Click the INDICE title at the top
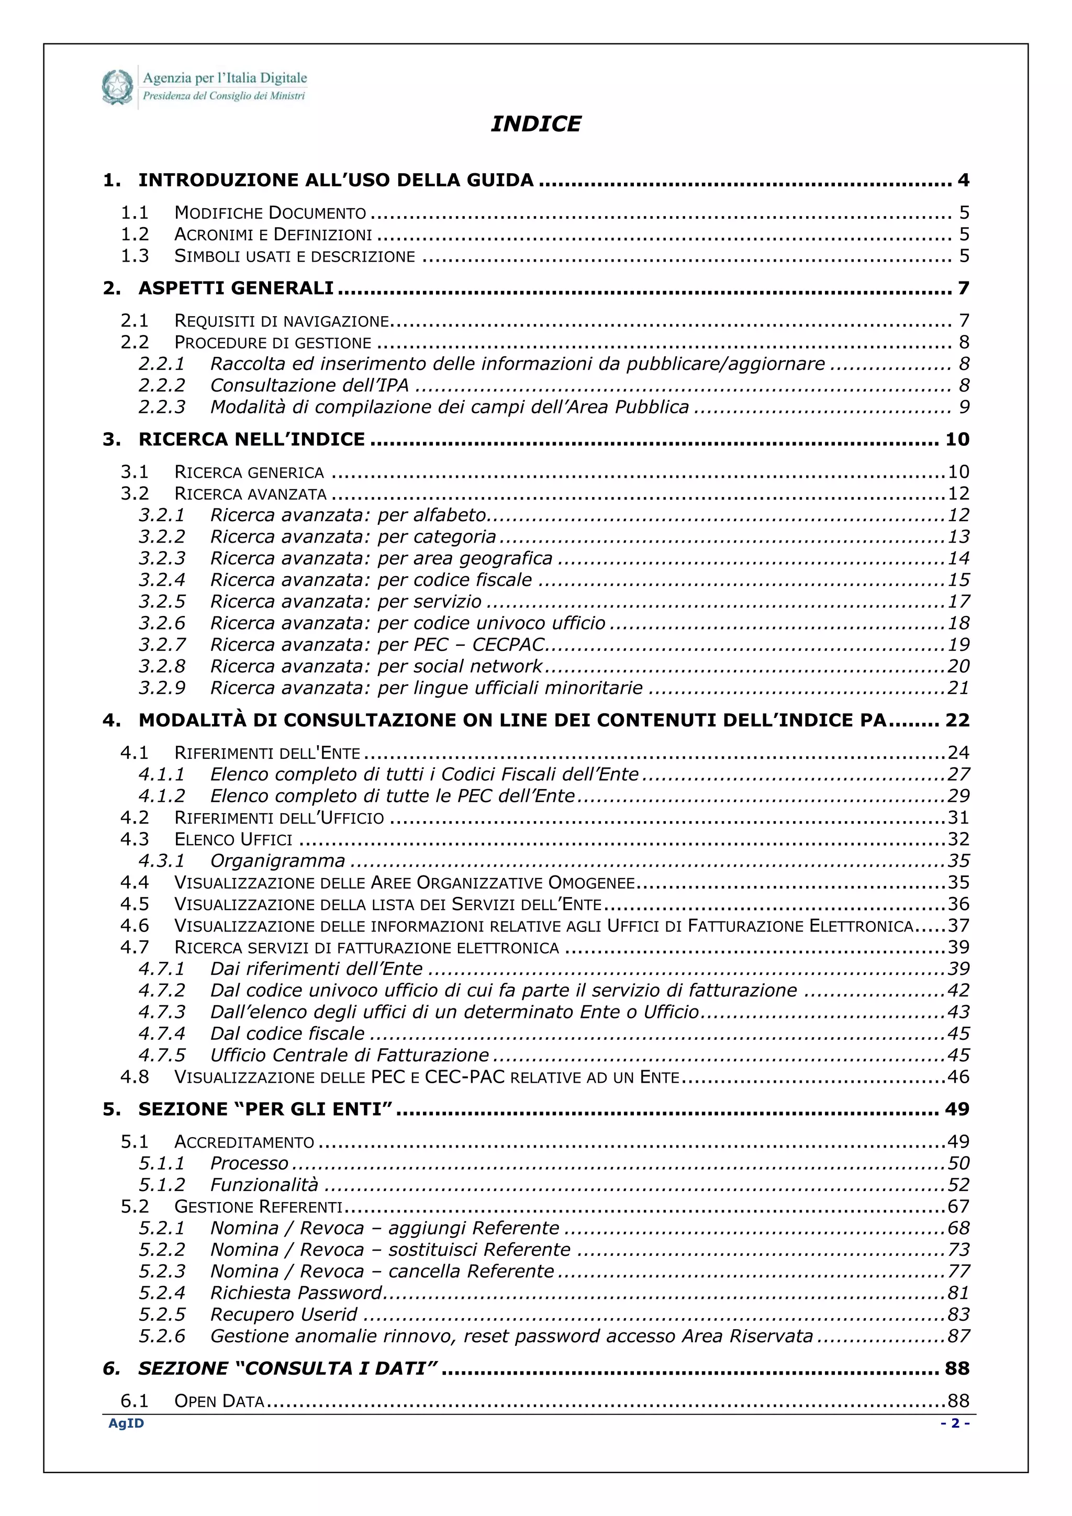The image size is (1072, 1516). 535,124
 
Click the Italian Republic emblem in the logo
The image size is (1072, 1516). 118,87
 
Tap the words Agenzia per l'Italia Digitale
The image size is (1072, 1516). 225,78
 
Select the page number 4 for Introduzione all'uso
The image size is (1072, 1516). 963,180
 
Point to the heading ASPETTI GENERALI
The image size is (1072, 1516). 236,288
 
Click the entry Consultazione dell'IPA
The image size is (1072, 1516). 309,386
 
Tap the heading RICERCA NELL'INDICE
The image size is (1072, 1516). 251,440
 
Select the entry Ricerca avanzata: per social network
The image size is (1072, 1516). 376,666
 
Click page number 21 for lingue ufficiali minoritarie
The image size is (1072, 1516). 958,688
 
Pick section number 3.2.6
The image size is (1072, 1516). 162,623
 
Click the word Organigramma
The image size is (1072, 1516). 277,861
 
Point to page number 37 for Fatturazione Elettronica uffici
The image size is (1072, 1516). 958,926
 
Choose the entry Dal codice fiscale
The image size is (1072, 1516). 287,1034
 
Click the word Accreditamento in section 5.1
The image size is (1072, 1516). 244,1142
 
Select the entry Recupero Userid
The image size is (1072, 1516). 283,1315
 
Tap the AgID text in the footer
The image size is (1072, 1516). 126,1423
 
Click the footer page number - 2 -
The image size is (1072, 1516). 954,1423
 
